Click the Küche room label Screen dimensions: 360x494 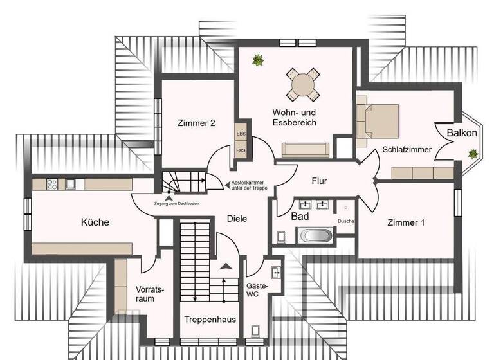(x=95, y=222)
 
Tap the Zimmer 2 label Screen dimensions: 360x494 (x=196, y=123)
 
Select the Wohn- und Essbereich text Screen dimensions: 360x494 (x=294, y=118)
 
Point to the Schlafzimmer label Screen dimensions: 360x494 (x=407, y=149)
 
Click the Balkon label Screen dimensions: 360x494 (x=462, y=133)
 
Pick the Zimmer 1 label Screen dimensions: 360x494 (x=406, y=222)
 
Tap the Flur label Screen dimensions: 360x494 (x=319, y=181)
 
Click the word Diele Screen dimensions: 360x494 (x=237, y=219)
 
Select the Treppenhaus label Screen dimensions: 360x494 (x=210, y=319)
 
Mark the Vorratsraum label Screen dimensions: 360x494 (x=150, y=294)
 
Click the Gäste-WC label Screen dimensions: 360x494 (x=257, y=291)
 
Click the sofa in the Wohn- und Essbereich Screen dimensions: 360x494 (x=306, y=150)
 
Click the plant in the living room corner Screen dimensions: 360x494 (x=258, y=60)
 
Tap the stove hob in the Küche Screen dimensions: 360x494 (x=52, y=184)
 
